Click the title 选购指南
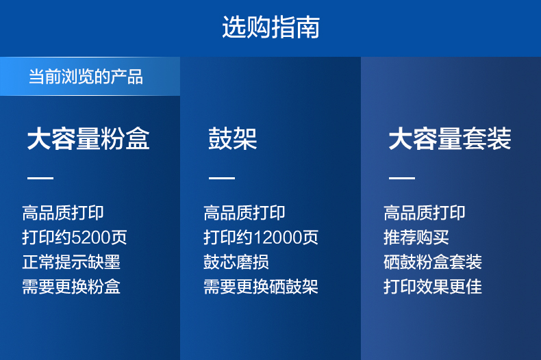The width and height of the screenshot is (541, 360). point(271,27)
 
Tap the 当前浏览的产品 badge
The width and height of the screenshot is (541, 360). point(90,76)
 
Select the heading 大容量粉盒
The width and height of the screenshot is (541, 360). point(88,139)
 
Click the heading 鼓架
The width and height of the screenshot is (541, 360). point(233,139)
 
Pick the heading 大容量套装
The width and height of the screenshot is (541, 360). point(450,139)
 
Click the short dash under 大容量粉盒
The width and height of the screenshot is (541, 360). point(40,178)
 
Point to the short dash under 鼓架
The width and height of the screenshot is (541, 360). point(222,178)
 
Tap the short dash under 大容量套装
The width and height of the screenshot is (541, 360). point(402,178)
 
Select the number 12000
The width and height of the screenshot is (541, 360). point(279,237)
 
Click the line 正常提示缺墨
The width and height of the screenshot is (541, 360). point(71,262)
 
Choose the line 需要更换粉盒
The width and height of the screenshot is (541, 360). point(71,287)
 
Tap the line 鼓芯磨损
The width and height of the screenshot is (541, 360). point(236,262)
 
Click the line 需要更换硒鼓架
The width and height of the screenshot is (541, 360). point(261,287)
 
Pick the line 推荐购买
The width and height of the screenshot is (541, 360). point(416,237)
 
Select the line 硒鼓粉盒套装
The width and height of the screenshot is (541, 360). point(433,262)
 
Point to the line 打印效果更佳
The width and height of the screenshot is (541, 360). point(433,287)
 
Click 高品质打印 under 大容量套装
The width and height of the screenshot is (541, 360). point(425,213)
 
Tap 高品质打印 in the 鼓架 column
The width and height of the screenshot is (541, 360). point(244,213)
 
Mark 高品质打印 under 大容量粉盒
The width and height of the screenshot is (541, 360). point(63,213)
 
